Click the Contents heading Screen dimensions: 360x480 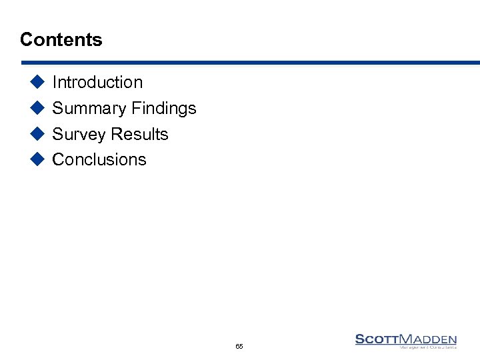pos(61,40)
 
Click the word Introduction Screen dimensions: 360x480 pos(97,83)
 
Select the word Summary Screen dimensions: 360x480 pos(89,109)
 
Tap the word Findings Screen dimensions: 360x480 pos(164,109)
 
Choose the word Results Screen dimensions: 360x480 pos(139,135)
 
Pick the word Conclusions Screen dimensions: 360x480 pos(99,160)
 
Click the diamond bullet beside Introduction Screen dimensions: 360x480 pos(37,82)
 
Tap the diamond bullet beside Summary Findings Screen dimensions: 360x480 pos(37,108)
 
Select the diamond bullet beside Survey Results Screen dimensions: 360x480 pos(37,134)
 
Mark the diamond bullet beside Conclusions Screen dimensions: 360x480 pos(37,159)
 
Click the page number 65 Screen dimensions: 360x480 pos(239,347)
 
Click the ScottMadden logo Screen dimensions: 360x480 pos(406,341)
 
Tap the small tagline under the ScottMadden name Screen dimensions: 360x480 pos(427,347)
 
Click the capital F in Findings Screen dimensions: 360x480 pos(136,109)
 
